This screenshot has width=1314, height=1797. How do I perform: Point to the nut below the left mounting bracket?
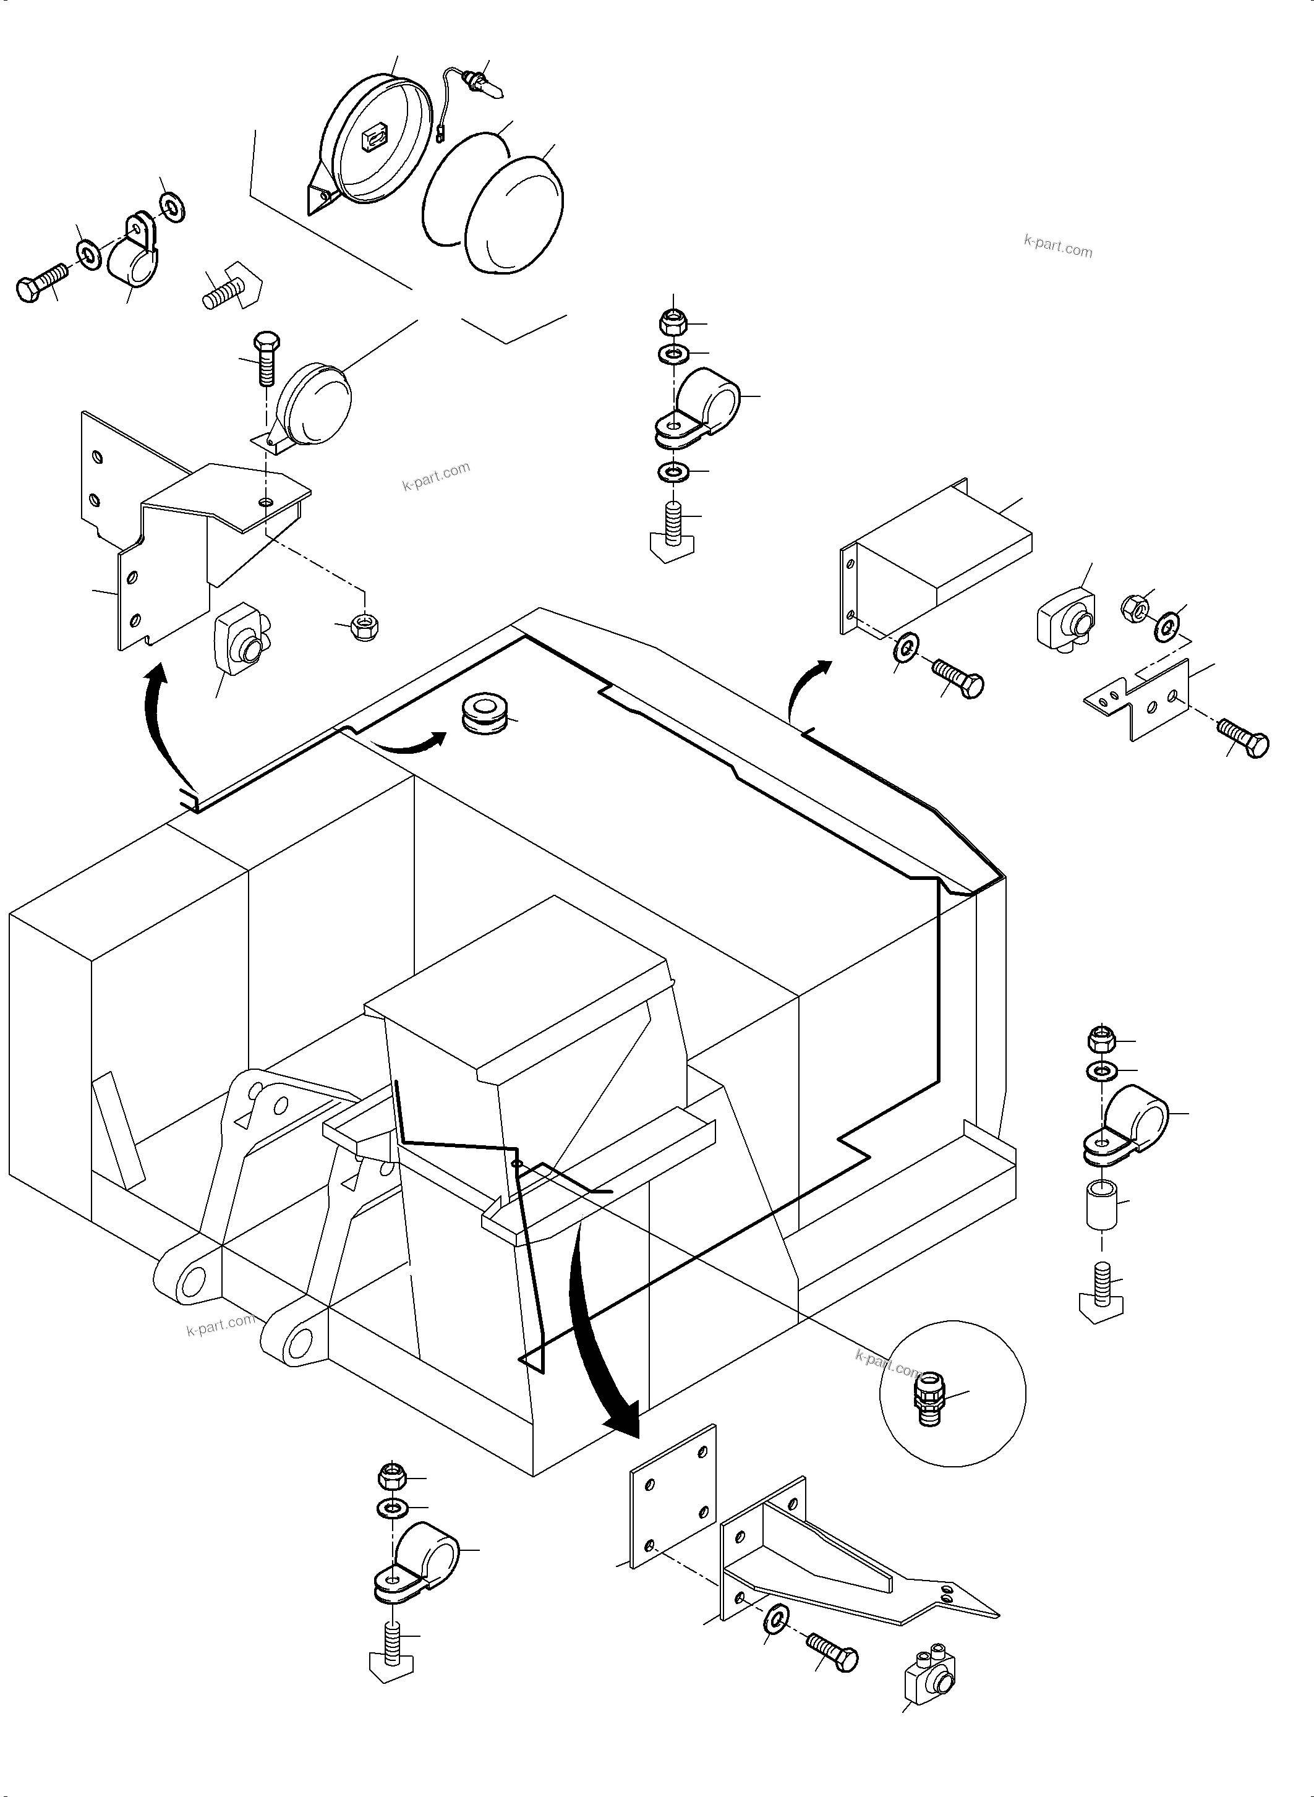(x=364, y=625)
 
